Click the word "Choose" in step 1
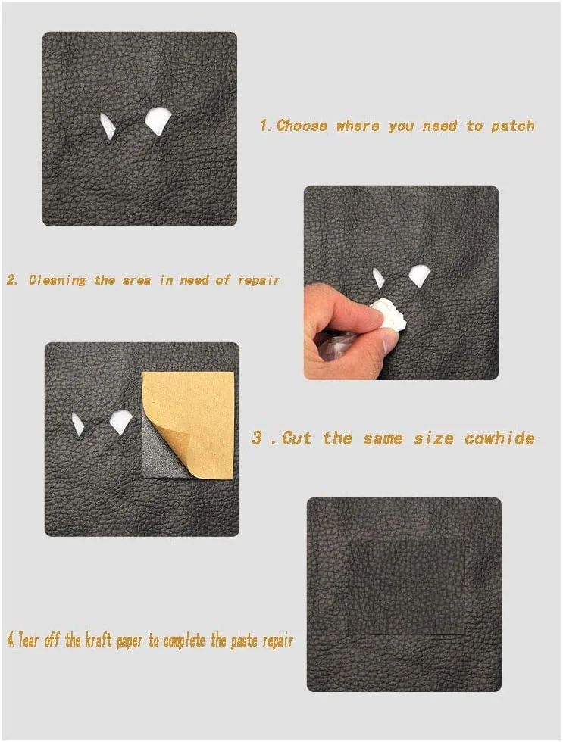click(x=302, y=126)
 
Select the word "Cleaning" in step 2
click(x=58, y=280)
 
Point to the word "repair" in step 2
click(x=258, y=280)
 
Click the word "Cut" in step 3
click(x=297, y=438)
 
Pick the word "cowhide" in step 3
click(x=499, y=438)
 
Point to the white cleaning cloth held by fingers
click(x=389, y=315)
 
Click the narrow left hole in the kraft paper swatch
click(x=77, y=424)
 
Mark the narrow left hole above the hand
click(x=378, y=278)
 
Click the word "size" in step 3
click(x=433, y=438)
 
